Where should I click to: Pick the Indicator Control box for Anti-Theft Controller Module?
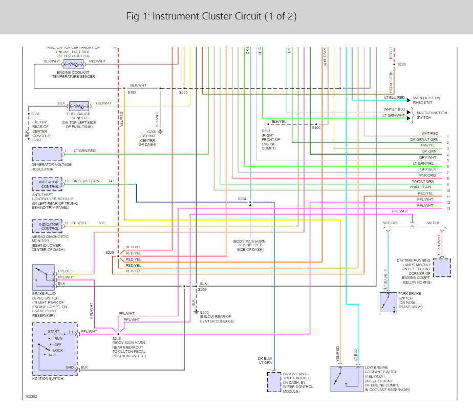coord(48,184)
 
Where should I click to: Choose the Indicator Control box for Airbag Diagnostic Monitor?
coord(48,226)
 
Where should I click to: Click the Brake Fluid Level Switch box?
coord(44,277)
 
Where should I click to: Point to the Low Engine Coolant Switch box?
coord(345,378)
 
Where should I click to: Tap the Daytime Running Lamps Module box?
coord(442,267)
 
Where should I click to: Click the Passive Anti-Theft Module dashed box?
coord(274,381)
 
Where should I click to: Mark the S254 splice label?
coord(242,198)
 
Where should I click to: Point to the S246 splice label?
coord(117,338)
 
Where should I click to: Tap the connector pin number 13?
coord(447,209)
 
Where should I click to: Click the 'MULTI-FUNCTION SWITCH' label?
coord(432,115)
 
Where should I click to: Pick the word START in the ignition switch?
coord(54,331)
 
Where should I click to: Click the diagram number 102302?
coord(31,396)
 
